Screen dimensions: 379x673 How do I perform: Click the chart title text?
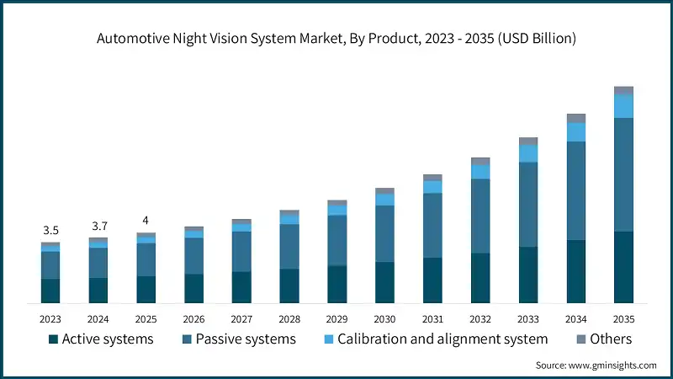tap(336, 38)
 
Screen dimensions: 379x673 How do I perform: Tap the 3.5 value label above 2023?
tap(50, 230)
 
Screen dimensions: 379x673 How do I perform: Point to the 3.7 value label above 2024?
tap(98, 226)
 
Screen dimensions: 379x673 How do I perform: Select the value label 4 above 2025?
tap(146, 220)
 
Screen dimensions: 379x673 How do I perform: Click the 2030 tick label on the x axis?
tap(384, 319)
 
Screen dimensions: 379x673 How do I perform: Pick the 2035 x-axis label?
tap(623, 319)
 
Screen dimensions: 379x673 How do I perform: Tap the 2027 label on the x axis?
tap(241, 319)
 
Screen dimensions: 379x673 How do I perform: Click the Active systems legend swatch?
tap(54, 339)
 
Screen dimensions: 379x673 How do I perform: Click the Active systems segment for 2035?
tap(623, 267)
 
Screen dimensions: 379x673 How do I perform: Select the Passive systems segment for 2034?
tap(575, 190)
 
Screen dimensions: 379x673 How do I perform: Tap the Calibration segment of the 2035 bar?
tap(623, 106)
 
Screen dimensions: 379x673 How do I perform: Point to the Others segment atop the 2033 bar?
tap(528, 141)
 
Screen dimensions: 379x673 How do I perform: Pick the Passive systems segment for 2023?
tap(50, 264)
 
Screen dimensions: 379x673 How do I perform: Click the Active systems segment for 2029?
tap(336, 284)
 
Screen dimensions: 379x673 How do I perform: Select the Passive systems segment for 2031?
tap(432, 225)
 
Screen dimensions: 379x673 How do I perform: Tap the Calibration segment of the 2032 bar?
tap(480, 171)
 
